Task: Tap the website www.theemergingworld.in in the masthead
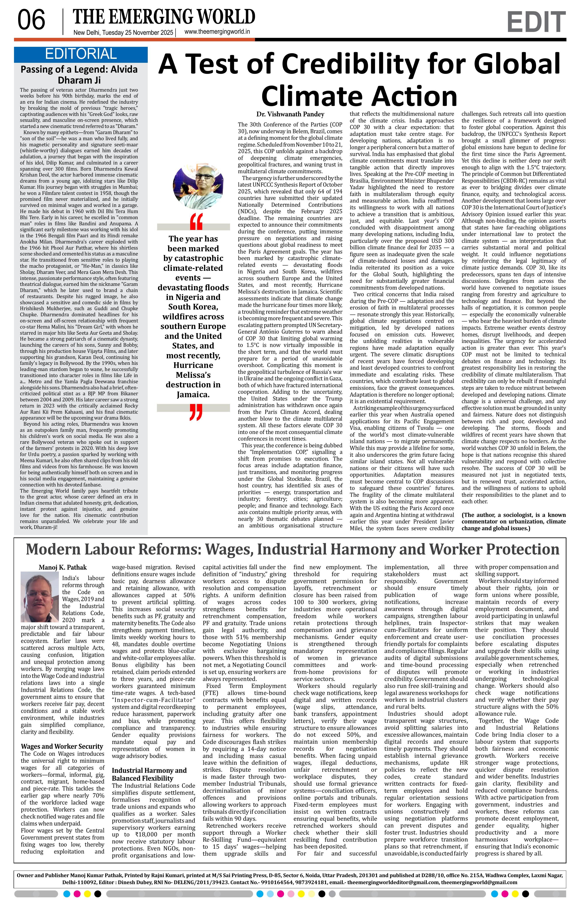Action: point(217,32)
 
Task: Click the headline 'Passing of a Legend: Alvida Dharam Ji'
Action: point(79,75)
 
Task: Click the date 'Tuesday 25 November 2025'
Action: point(138,33)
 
